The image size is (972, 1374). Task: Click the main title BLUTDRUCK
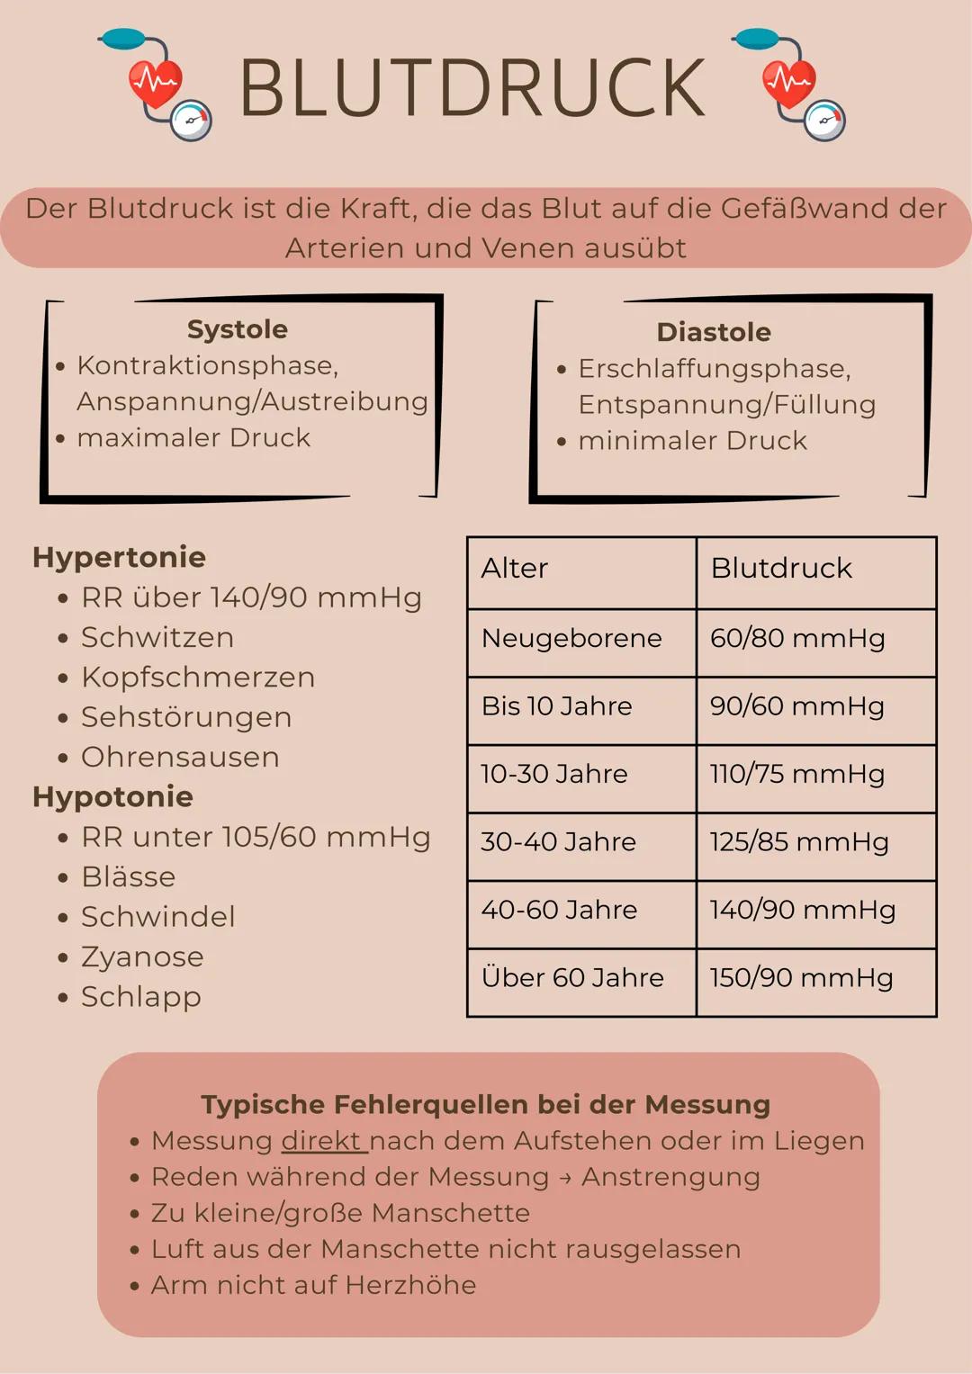[x=472, y=88]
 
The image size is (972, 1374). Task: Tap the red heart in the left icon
[x=155, y=84]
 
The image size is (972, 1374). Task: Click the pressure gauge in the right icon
[x=824, y=121]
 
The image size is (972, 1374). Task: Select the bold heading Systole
[x=238, y=329]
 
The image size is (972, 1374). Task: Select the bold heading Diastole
[x=714, y=332]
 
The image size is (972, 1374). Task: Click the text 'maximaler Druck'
[x=193, y=438]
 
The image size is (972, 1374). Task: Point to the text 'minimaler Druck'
[x=692, y=441]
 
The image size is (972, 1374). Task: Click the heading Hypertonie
[x=119, y=557]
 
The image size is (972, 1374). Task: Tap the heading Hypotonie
[x=112, y=796]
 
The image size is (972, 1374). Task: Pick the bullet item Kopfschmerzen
[x=198, y=678]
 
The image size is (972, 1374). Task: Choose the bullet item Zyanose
[x=142, y=956]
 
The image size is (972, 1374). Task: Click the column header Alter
[x=514, y=569]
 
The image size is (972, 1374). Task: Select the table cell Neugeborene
[x=571, y=638]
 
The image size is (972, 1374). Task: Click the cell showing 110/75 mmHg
[x=796, y=774]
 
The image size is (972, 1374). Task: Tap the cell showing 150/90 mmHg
[x=801, y=978]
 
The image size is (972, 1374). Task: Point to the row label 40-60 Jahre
[x=559, y=910]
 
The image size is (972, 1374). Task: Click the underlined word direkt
[x=321, y=1141]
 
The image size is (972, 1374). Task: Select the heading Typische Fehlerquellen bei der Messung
[x=485, y=1104]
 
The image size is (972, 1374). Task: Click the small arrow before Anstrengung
[x=564, y=1178]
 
